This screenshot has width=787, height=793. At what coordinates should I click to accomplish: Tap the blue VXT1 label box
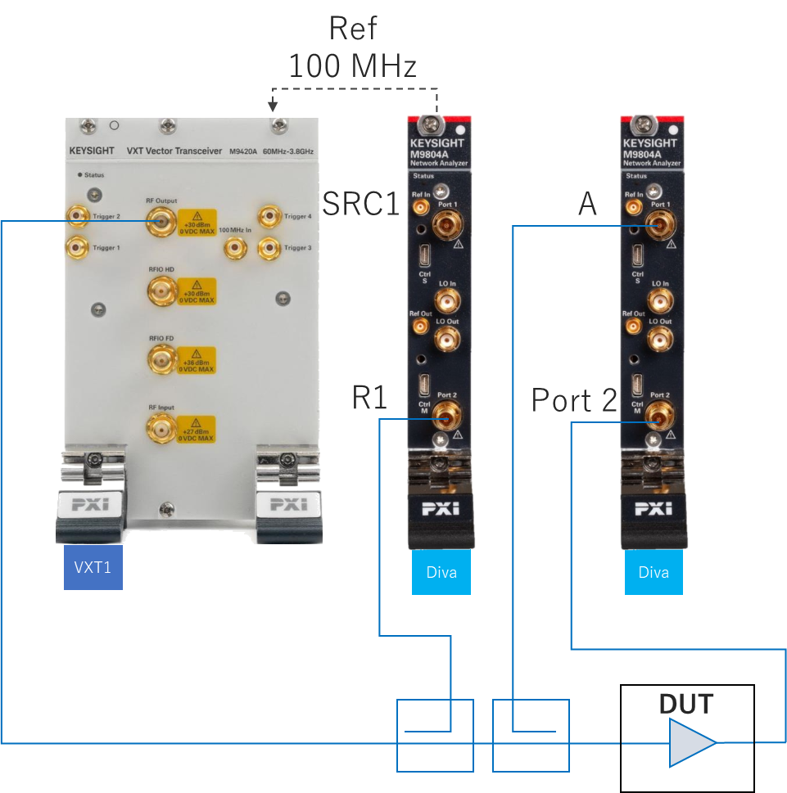pyautogui.click(x=93, y=566)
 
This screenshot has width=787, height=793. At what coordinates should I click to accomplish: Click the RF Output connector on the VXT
pyautogui.click(x=161, y=220)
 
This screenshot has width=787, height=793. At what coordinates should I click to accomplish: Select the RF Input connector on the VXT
pyautogui.click(x=161, y=427)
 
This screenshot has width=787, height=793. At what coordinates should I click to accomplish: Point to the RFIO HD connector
pyautogui.click(x=161, y=291)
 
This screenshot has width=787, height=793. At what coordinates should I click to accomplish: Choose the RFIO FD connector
pyautogui.click(x=161, y=358)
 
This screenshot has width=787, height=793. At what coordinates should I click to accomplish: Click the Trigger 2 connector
pyautogui.click(x=77, y=217)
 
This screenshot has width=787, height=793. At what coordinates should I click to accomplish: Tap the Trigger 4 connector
pyautogui.click(x=269, y=217)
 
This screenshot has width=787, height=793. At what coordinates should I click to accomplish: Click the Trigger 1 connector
pyautogui.click(x=77, y=246)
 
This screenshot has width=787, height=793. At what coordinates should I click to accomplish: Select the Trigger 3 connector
pyautogui.click(x=269, y=246)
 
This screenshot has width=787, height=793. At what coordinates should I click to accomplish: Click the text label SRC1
pyautogui.click(x=360, y=204)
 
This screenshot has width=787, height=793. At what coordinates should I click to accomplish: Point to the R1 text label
pyautogui.click(x=369, y=398)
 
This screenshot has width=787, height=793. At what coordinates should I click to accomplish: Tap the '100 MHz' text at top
pyautogui.click(x=353, y=65)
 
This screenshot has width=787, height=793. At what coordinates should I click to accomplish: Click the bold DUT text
pyautogui.click(x=686, y=704)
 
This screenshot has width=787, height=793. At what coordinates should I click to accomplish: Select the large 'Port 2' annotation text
pyautogui.click(x=574, y=400)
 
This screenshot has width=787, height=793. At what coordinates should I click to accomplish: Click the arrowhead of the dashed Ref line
pyautogui.click(x=273, y=106)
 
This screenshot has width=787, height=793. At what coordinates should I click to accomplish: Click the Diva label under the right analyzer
pyautogui.click(x=654, y=571)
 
